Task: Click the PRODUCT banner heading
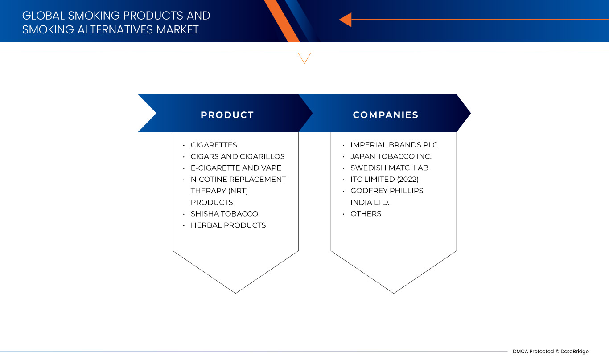coord(227,115)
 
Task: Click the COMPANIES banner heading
coord(386,115)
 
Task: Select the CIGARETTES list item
coord(214,145)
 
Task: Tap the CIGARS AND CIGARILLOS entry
coord(238,156)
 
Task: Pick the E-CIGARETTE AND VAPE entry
coord(236,168)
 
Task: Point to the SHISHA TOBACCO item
coord(224,214)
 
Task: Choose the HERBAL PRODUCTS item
coord(228,225)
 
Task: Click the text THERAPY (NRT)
coord(219,191)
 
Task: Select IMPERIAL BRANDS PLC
coord(394,145)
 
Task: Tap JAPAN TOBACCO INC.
coord(391,156)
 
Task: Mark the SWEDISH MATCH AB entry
coord(389,168)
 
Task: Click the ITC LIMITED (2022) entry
coord(384,179)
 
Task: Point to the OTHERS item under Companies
coord(366,214)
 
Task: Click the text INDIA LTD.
coord(370,202)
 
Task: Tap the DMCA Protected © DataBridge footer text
coord(551,351)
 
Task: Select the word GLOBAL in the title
coord(44,16)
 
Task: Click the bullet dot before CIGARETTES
coord(184,146)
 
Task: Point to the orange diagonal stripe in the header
coord(282,21)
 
